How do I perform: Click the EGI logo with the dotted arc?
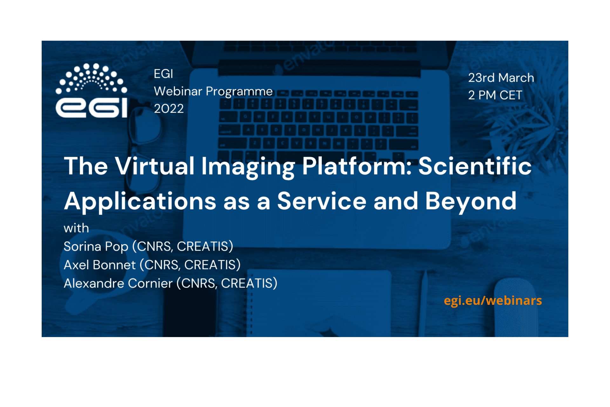[91, 90]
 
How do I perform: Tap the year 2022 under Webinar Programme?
[169, 109]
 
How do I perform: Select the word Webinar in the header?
[178, 91]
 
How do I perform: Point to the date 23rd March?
[501, 78]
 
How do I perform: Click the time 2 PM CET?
[495, 95]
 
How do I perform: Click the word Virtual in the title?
[154, 166]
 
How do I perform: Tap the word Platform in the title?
[354, 166]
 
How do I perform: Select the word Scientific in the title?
[475, 166]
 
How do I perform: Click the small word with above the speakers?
[76, 228]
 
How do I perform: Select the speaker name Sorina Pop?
[96, 246]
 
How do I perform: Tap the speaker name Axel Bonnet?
[100, 265]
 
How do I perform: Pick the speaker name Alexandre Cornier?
[118, 283]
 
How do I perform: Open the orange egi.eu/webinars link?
[493, 301]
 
